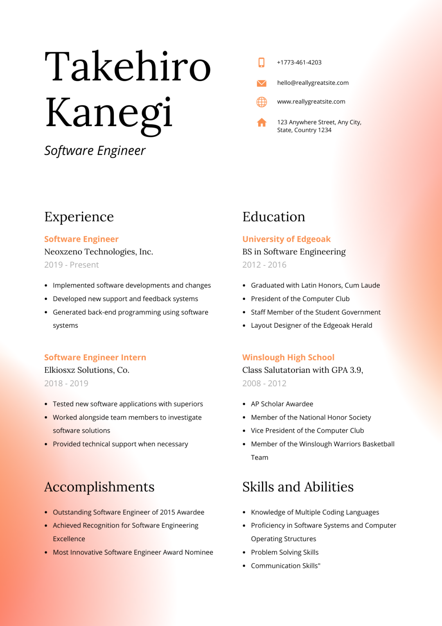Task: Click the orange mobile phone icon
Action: click(x=262, y=62)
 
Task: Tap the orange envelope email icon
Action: click(x=262, y=83)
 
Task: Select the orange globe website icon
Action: click(x=262, y=102)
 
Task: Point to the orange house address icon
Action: click(x=262, y=122)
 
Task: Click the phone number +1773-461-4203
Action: click(x=299, y=62)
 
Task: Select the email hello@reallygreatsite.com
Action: click(x=313, y=83)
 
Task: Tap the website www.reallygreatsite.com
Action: click(x=311, y=102)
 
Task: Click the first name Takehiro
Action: click(x=128, y=67)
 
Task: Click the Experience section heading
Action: click(x=79, y=217)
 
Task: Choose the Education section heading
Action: click(x=274, y=217)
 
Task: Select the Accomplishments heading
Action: click(x=99, y=487)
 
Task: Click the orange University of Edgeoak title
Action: click(x=286, y=239)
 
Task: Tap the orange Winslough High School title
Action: click(x=288, y=358)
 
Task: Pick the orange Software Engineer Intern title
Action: click(x=95, y=358)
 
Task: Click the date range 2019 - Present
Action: click(x=72, y=265)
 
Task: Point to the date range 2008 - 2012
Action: click(x=264, y=383)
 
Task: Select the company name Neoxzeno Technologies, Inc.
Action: click(x=99, y=252)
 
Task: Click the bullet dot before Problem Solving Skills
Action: click(x=244, y=553)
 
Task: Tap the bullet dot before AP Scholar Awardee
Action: click(x=244, y=404)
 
